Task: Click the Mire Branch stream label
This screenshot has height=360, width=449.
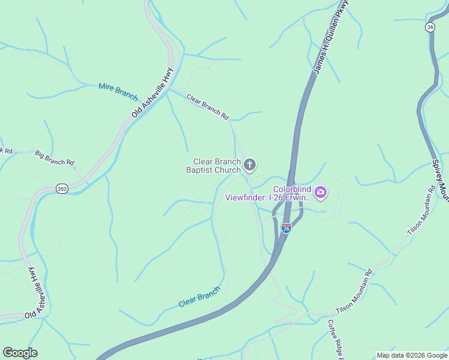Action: pos(118,92)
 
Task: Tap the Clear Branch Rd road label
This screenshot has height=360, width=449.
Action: pos(208,106)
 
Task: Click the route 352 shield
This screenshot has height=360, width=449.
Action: pos(62,188)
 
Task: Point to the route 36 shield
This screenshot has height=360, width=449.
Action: pos(430,28)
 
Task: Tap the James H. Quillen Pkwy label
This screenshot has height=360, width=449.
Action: pos(331,38)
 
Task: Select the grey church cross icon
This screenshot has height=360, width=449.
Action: pos(250,164)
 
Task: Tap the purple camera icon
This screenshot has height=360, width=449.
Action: pos(321,192)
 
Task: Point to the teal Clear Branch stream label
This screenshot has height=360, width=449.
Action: pos(199,297)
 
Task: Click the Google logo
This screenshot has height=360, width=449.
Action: pos(20,353)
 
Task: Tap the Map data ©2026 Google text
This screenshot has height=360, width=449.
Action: pos(411,355)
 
